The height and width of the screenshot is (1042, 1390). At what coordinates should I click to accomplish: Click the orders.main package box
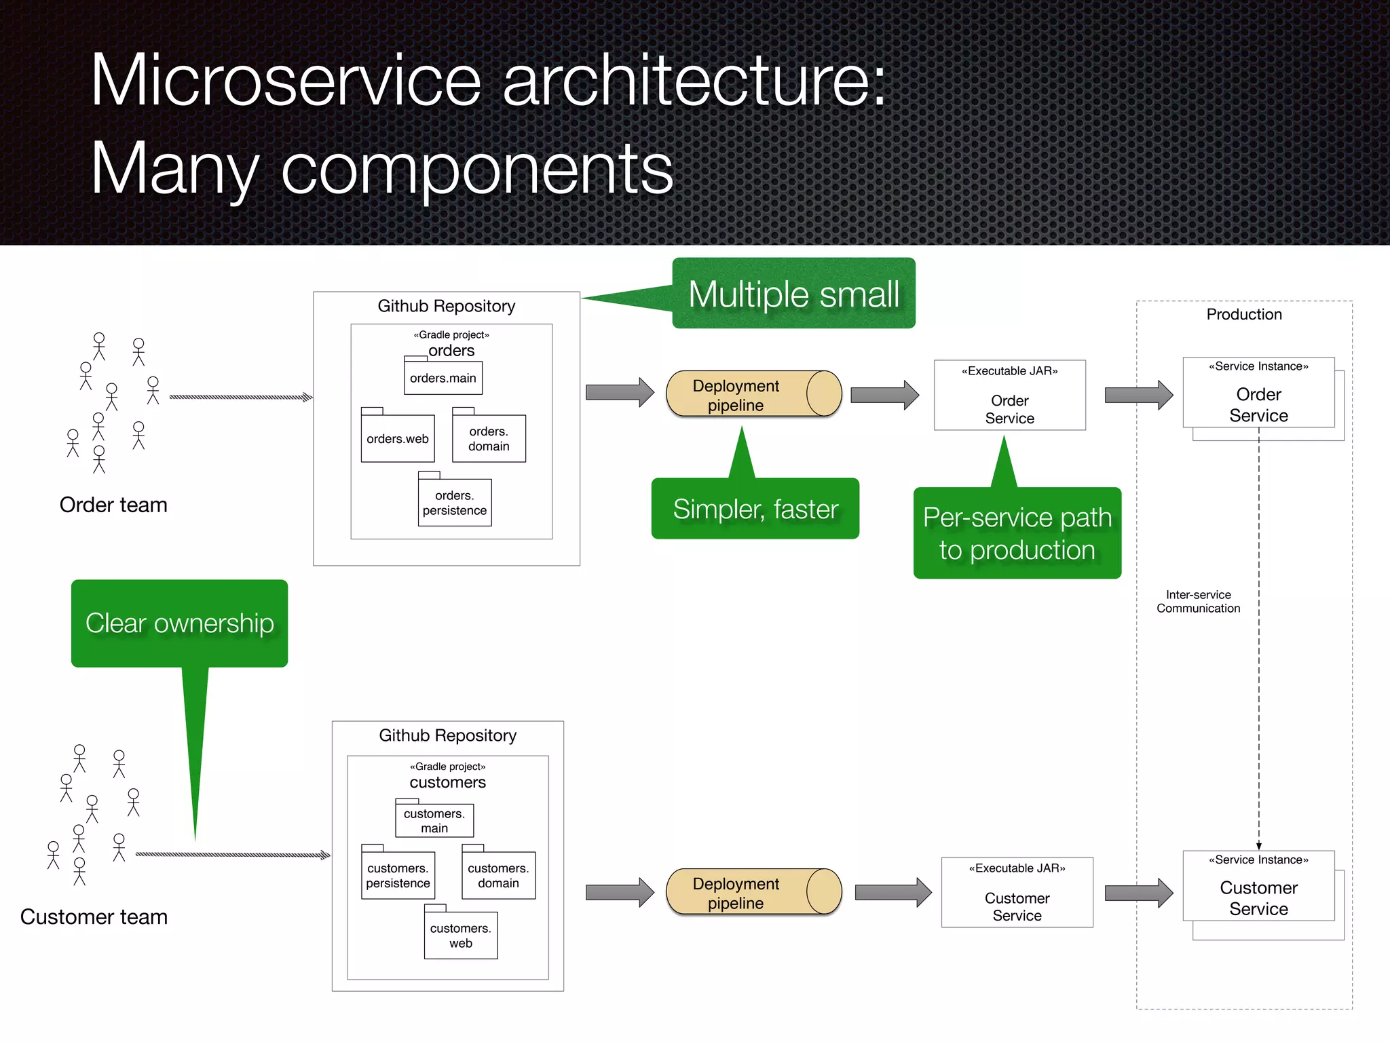(443, 378)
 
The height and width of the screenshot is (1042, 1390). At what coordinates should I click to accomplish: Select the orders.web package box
(398, 438)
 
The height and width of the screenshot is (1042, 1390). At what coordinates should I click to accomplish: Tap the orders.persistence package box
(455, 503)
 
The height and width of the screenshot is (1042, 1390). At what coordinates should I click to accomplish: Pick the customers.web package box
(461, 935)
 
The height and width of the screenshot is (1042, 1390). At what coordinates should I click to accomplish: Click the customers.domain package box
(498, 875)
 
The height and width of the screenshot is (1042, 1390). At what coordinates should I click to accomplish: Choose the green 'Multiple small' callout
(793, 294)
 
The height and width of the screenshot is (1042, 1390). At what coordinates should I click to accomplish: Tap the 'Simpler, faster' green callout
(755, 509)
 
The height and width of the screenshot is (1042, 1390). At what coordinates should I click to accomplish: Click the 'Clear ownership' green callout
(179, 623)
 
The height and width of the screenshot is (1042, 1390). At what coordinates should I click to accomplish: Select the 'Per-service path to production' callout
(1017, 533)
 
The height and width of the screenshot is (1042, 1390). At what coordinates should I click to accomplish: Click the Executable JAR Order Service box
(1009, 395)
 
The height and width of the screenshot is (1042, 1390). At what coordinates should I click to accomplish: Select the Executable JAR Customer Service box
(1017, 893)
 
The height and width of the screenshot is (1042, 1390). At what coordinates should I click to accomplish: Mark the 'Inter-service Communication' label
(1198, 602)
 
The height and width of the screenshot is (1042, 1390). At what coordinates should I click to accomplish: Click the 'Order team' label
(113, 505)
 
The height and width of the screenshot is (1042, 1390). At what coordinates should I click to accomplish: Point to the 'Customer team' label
(94, 916)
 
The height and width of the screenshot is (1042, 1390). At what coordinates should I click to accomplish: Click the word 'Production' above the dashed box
(1243, 314)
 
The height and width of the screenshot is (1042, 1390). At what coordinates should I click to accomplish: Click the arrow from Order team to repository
(240, 397)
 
